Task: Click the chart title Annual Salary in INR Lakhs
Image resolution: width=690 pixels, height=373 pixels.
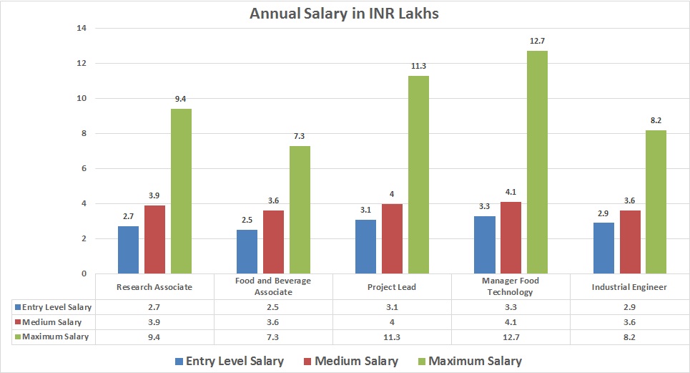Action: (x=344, y=13)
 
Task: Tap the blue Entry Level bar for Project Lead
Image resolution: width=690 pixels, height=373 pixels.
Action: (x=366, y=246)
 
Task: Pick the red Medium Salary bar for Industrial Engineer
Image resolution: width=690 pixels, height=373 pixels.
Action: (x=630, y=241)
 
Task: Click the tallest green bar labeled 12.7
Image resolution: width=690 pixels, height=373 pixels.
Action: (x=537, y=162)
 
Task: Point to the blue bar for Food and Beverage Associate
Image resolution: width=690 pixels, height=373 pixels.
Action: (x=247, y=251)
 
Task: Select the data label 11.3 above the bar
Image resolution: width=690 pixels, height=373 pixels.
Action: (x=418, y=66)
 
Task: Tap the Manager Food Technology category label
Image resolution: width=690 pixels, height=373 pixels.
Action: (x=511, y=286)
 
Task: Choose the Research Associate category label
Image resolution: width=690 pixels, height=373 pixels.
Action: (x=155, y=287)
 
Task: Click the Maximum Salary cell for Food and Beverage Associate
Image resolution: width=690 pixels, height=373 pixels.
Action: (x=274, y=336)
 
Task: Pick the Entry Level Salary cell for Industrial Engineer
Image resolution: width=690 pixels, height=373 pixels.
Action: (x=629, y=306)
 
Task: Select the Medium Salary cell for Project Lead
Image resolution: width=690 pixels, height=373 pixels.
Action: (x=392, y=321)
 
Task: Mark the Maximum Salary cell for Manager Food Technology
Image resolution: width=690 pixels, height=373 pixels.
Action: (x=511, y=336)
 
